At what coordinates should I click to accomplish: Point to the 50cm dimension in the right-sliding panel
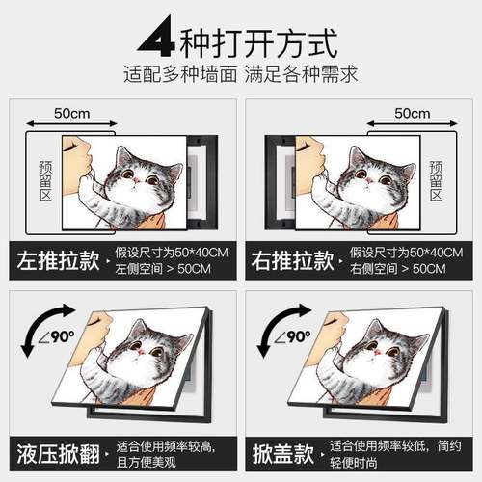414,113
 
